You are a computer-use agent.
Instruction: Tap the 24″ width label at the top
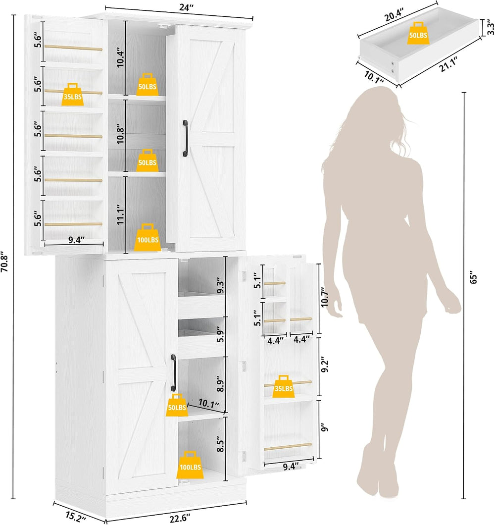[186, 7]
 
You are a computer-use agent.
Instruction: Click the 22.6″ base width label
[180, 519]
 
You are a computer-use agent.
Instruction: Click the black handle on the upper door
[185, 138]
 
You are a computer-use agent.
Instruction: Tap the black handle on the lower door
[173, 372]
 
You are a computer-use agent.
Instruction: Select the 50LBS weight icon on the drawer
[418, 33]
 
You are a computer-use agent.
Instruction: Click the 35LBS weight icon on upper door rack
[73, 95]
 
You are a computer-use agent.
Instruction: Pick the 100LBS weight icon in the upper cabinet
[148, 237]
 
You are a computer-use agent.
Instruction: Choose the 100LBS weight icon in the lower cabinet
[190, 465]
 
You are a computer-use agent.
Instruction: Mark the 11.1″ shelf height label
[120, 214]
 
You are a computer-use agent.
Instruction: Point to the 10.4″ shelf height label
[120, 57]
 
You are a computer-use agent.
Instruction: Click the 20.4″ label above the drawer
[394, 15]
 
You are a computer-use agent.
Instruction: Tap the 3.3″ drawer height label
[491, 27]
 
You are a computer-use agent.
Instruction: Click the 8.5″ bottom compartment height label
[220, 444]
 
